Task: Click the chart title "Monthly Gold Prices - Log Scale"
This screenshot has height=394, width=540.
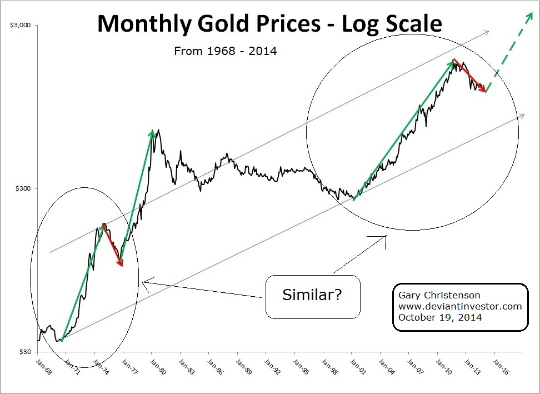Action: pyautogui.click(x=269, y=24)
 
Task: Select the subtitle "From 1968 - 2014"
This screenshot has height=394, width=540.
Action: pyautogui.click(x=226, y=51)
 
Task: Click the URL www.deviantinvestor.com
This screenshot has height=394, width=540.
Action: pyautogui.click(x=460, y=306)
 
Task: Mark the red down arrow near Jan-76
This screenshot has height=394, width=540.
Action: pyautogui.click(x=112, y=245)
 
